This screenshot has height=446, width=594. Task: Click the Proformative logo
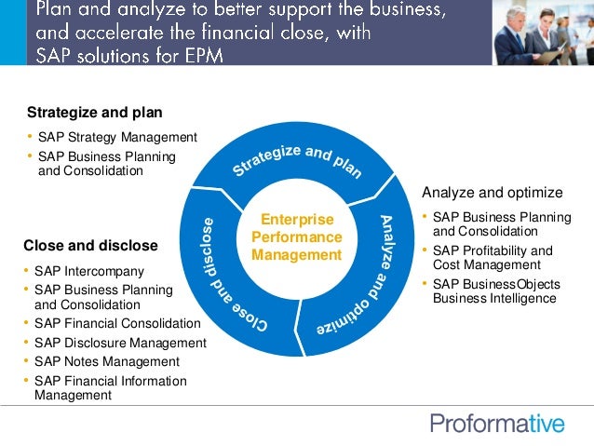click(x=497, y=424)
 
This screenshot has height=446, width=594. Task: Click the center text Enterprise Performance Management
click(x=296, y=237)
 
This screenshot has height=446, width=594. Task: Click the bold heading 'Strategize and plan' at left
click(x=94, y=113)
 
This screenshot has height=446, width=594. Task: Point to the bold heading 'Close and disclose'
click(x=90, y=246)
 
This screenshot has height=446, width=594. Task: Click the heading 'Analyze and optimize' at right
click(x=492, y=193)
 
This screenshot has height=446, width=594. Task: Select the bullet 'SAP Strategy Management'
click(x=117, y=137)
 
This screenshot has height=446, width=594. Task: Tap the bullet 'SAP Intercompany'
click(x=89, y=271)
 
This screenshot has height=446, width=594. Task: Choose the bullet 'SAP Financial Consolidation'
click(x=117, y=323)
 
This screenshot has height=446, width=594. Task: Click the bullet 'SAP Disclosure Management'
click(x=120, y=343)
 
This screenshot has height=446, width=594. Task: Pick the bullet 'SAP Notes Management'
click(x=107, y=361)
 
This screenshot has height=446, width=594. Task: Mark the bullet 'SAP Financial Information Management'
click(x=110, y=387)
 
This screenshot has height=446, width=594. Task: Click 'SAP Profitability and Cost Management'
click(x=493, y=258)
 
